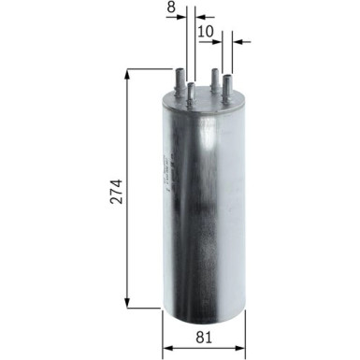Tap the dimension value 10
pyautogui.click(x=207, y=31)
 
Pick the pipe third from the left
pyautogui.click(x=214, y=82)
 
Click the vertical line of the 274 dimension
pyautogui.click(x=128, y=140)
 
